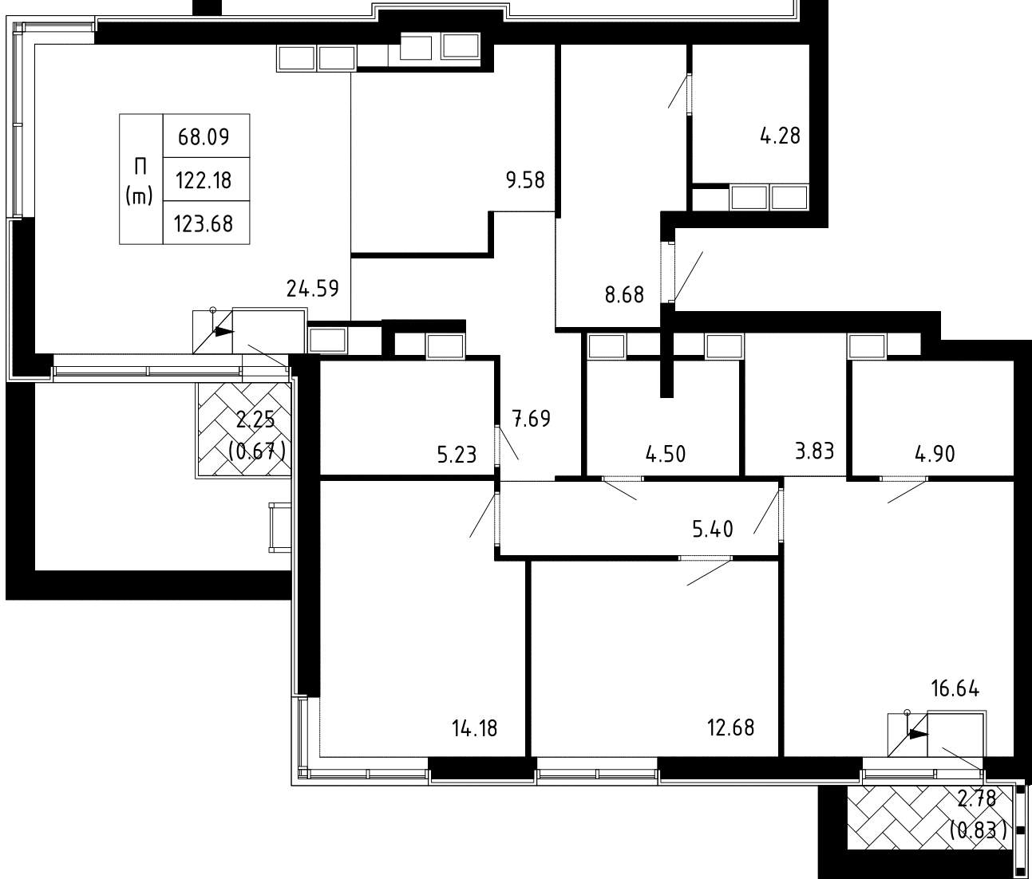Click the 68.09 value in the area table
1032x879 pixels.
point(204,136)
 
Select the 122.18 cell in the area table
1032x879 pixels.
point(204,180)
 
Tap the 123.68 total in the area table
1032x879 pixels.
point(204,224)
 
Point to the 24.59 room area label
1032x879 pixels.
point(313,288)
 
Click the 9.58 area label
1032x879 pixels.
point(525,180)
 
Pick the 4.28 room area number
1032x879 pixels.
point(780,136)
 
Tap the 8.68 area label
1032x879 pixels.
point(624,295)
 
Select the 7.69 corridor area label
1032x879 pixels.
point(532,419)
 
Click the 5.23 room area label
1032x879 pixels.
point(457,455)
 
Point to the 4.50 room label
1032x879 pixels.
point(666,455)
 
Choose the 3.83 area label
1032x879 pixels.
point(815,451)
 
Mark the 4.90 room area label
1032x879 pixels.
point(935,454)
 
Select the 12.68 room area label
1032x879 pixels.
point(731,727)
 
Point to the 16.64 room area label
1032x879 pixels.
point(955,689)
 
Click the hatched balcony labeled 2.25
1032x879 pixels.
point(244,430)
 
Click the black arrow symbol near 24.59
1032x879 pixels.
point(224,332)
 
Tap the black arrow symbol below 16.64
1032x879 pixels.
point(919,734)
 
